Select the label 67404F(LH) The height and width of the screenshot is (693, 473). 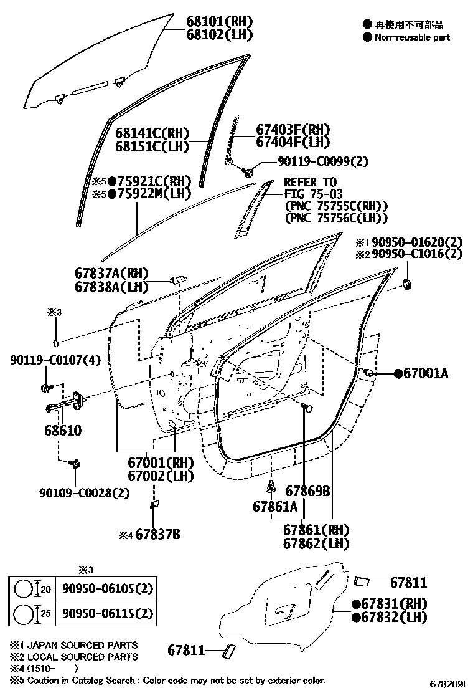point(293,143)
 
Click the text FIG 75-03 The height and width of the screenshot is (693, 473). point(313,194)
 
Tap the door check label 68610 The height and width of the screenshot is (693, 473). point(62,431)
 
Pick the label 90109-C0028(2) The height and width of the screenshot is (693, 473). point(84,492)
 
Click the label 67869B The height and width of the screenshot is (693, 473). point(307,491)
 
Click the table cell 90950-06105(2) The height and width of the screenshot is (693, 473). point(106,588)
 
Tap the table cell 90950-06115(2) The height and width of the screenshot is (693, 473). point(106,613)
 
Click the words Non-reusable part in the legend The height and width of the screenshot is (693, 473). point(412,37)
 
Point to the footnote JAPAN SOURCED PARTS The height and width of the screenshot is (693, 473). point(78,645)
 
